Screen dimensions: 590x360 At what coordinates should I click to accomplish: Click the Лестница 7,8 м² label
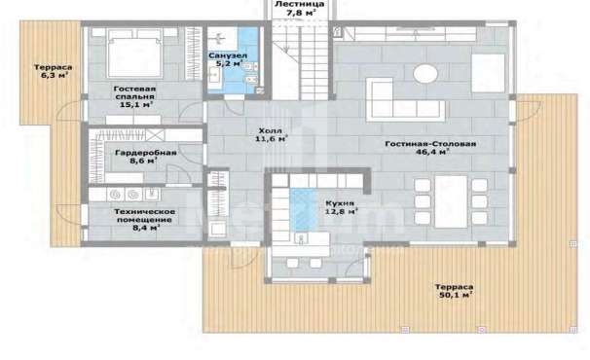pos(300,9)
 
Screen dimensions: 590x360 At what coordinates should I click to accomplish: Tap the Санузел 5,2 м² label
pos(228,59)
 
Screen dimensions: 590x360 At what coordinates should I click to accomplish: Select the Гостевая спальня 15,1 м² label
pos(135,96)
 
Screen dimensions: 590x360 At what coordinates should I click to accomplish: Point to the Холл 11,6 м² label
pos(271,135)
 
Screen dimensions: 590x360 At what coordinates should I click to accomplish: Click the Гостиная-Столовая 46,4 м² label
pos(431,148)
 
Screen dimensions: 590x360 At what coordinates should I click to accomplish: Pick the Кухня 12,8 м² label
pos(341,207)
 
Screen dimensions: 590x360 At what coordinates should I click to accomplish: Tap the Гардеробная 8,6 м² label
pos(146,157)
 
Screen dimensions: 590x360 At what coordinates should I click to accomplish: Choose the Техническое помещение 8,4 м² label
pos(145,220)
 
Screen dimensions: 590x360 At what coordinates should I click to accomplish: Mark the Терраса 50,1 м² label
pos(455,291)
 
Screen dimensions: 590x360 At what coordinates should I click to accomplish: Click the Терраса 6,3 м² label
pos(53,71)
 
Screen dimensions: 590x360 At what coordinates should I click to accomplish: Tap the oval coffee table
pos(425,73)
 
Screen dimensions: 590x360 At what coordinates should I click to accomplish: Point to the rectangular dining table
pos(451,201)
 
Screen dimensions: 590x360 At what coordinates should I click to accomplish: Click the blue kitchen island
pos(304,210)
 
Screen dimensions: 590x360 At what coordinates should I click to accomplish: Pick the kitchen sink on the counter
pos(301,239)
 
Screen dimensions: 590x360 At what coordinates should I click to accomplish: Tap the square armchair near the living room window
pos(488,73)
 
